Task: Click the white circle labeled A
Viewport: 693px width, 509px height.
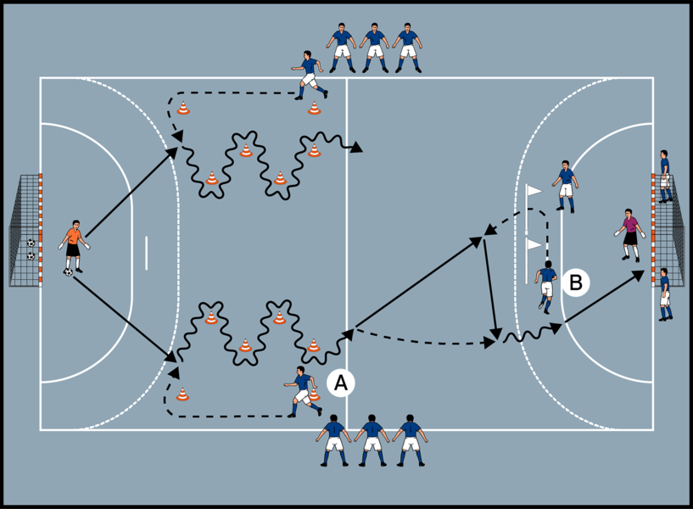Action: (x=341, y=383)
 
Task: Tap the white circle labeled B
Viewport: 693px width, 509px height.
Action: (x=576, y=282)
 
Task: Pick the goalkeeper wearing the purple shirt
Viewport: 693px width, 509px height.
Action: (x=629, y=235)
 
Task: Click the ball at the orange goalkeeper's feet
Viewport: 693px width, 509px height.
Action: (x=68, y=272)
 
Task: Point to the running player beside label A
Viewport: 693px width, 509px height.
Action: (x=303, y=391)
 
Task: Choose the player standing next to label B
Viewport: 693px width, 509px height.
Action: (x=546, y=288)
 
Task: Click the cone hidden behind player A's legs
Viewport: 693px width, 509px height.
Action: (x=314, y=394)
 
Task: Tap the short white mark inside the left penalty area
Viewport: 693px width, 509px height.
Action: (x=146, y=253)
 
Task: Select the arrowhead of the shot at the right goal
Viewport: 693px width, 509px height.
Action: (x=639, y=275)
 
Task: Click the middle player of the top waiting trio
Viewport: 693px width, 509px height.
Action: (x=374, y=48)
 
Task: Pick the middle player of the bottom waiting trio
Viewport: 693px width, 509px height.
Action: (x=372, y=440)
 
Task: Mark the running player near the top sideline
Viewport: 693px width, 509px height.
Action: (x=310, y=76)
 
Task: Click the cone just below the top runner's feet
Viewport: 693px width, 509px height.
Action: (x=314, y=108)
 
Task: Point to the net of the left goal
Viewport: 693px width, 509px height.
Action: (x=25, y=231)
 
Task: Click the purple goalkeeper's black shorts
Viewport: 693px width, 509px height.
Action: (x=630, y=238)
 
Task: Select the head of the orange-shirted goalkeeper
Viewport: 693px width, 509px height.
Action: (x=76, y=225)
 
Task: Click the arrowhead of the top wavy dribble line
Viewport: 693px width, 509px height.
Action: (x=355, y=148)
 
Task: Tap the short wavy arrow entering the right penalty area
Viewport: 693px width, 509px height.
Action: (x=533, y=333)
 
